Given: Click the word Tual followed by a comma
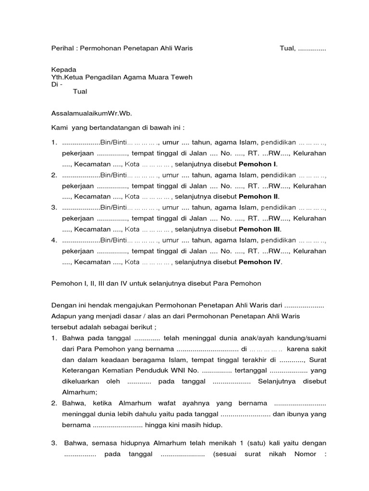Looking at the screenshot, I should click(288, 48).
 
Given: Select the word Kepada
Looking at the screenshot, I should click(63, 70).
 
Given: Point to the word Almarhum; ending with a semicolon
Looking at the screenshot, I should click(80, 392).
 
